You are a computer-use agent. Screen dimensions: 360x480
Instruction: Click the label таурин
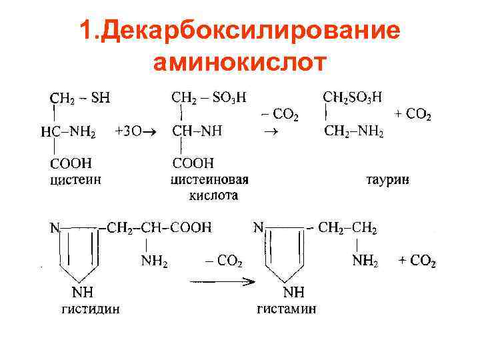point(387,179)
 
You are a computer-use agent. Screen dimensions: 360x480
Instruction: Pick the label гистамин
point(287,308)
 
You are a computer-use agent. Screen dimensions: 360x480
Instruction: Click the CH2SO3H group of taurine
point(353,97)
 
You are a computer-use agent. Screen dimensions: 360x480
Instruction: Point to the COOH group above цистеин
point(71,162)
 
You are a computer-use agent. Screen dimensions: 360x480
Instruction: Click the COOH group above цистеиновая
point(193,162)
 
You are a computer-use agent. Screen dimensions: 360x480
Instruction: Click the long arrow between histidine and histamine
point(223,281)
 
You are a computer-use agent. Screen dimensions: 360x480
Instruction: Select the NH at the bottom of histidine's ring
point(83,291)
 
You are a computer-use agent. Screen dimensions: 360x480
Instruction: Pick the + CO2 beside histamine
point(417,261)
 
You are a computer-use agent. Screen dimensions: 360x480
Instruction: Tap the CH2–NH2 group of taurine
point(353,131)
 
